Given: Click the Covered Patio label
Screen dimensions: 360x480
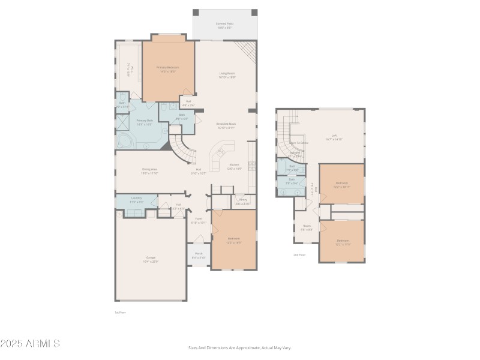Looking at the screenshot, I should (x=225, y=25).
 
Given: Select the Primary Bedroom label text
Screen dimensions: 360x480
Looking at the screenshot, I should (x=168, y=68).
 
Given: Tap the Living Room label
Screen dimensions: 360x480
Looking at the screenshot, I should (x=227, y=74).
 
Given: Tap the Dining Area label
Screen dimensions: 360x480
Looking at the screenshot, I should (x=149, y=171).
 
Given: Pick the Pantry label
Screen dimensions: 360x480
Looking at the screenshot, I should (x=242, y=201).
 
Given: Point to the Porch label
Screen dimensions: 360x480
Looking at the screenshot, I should (x=199, y=254).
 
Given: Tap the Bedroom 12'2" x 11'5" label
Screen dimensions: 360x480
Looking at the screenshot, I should (x=341, y=242).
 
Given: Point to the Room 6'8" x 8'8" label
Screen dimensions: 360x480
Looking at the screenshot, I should (x=307, y=229).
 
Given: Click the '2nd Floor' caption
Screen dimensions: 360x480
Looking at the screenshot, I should (x=299, y=255).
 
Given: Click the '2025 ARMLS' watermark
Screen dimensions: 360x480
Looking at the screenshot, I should (x=30, y=344).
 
